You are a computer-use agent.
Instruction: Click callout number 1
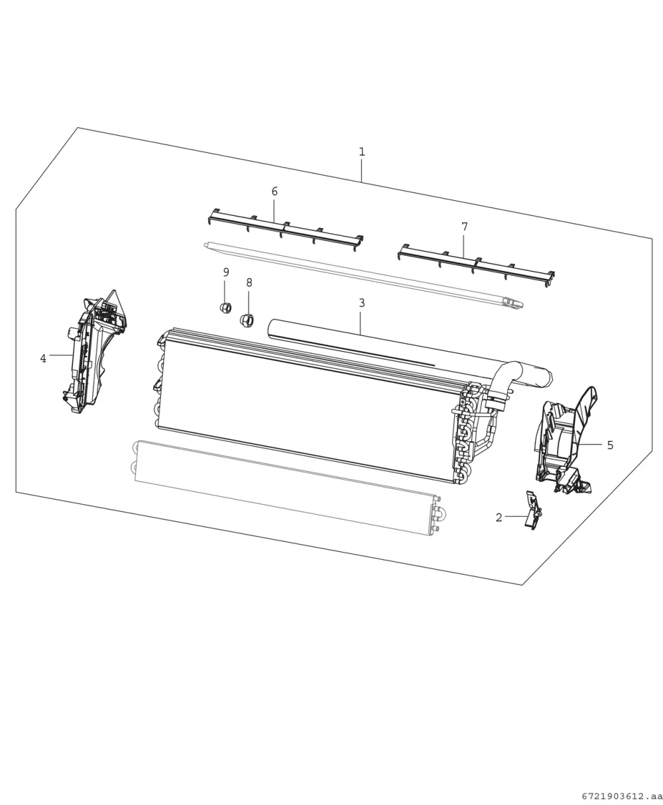pos(362,152)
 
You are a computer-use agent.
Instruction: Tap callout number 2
pos(499,518)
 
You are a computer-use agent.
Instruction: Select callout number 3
pos(362,303)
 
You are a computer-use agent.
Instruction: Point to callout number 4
pos(43,358)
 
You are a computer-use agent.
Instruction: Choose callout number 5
pos(611,445)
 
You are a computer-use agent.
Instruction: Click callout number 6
pos(274,191)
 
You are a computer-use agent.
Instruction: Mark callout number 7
pos(464,227)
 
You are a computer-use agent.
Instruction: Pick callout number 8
pos(249,283)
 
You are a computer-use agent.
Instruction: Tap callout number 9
pos(226,272)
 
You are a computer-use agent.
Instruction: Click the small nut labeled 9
pos(225,307)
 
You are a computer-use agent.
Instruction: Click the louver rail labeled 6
pos(285,231)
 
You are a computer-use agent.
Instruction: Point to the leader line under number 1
pos(361,171)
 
